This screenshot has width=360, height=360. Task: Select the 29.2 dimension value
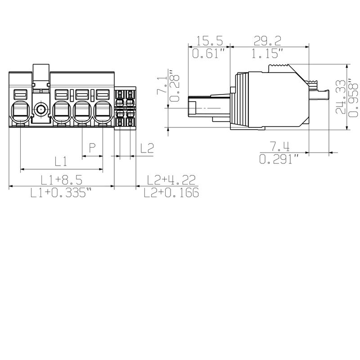coord(269,41)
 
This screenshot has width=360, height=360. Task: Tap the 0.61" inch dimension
coord(208,54)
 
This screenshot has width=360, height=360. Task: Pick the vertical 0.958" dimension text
coord(353,97)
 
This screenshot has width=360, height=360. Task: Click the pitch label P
coord(93,147)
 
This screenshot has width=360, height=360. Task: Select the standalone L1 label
coord(61,161)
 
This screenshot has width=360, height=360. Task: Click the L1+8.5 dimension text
coord(61,180)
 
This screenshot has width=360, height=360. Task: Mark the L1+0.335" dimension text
coord(61,193)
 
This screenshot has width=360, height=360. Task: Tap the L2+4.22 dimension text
coord(171,180)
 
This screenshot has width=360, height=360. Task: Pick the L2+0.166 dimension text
coord(171,193)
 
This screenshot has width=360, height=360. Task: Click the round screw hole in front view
coord(41,108)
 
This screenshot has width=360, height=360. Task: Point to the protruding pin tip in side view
coord(193,108)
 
